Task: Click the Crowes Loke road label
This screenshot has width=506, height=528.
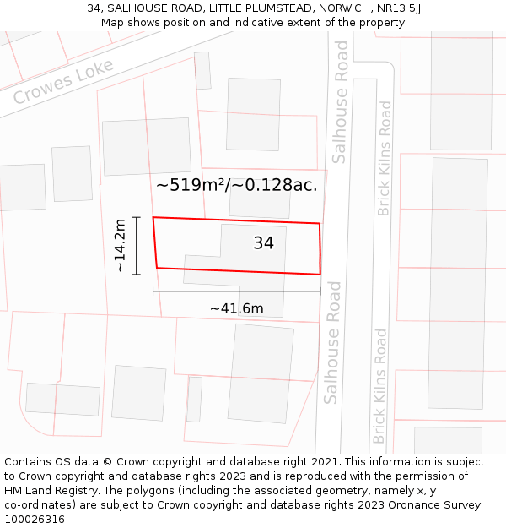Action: (x=63, y=82)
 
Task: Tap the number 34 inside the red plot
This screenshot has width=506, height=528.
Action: (x=263, y=243)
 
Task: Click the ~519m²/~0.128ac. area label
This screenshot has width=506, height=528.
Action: (x=237, y=185)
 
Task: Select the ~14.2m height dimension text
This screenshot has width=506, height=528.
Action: (x=120, y=246)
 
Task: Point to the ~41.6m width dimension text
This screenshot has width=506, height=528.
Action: (x=236, y=308)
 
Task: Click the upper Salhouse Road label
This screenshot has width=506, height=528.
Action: (x=341, y=113)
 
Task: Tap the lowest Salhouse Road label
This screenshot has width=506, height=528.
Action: (x=331, y=342)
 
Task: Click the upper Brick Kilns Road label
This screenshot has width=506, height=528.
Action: (x=385, y=158)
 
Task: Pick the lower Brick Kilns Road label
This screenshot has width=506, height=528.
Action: (x=380, y=386)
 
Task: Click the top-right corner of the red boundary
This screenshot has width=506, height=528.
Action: (x=320, y=224)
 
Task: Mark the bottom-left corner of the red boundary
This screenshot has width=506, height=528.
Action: (x=157, y=268)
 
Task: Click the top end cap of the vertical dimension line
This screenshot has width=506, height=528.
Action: (x=136, y=217)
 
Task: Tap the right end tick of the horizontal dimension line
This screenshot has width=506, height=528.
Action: (x=320, y=291)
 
